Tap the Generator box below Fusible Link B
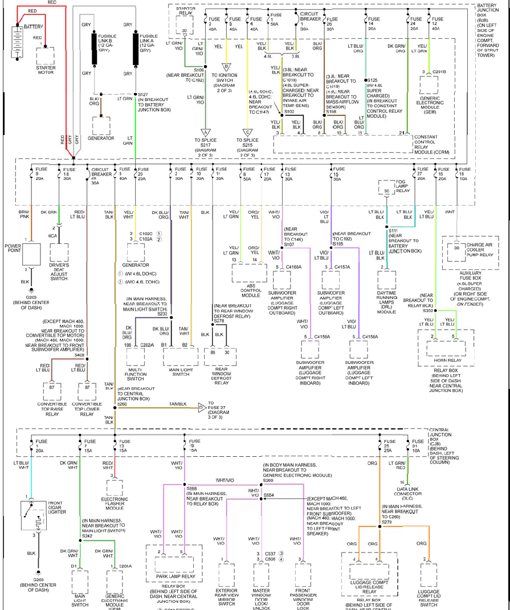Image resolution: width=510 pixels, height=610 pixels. pos(101,125)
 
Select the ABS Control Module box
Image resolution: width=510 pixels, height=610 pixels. pos(249,272)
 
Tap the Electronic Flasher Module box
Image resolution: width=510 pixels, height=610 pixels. pos(115,488)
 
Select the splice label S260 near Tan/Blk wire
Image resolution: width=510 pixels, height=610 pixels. pos(123,403)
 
